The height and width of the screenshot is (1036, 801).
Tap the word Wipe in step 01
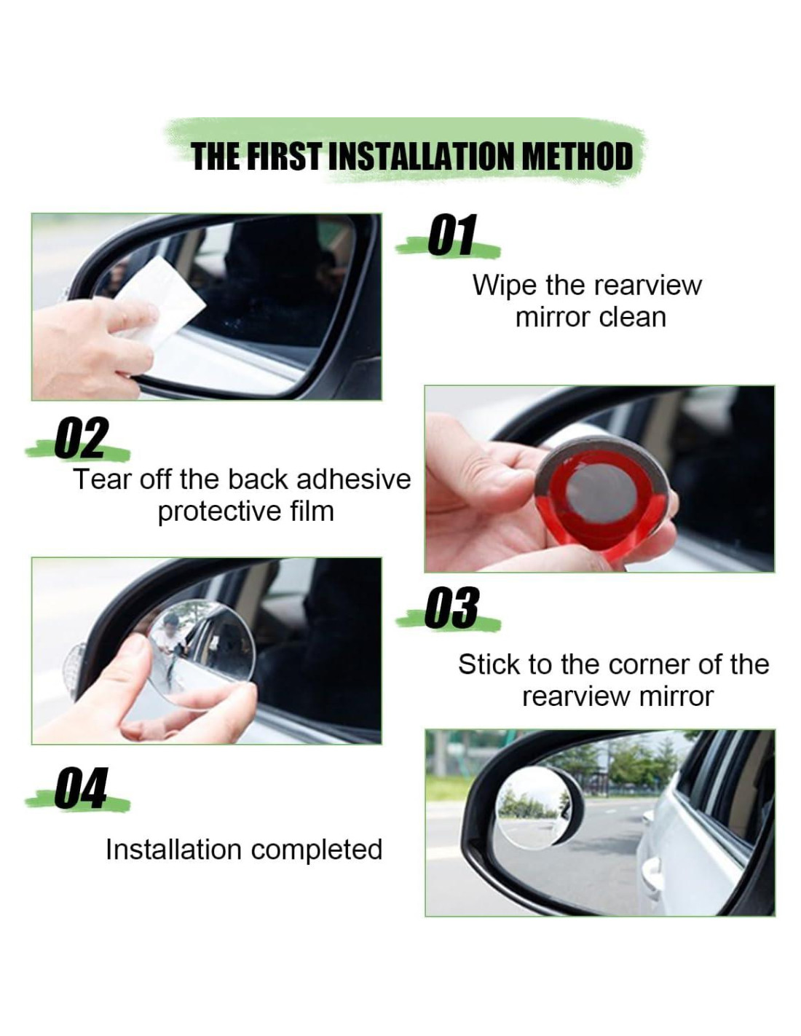[504, 285]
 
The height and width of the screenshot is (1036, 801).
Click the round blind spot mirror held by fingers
[202, 654]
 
